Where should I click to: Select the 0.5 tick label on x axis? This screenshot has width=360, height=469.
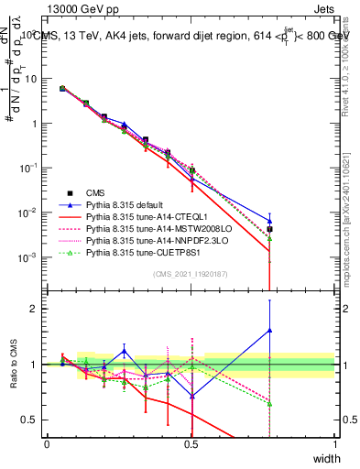191,443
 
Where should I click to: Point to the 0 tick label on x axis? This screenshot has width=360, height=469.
48,443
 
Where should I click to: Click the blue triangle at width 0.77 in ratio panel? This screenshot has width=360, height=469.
269,330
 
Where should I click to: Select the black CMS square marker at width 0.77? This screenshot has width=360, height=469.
269,230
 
